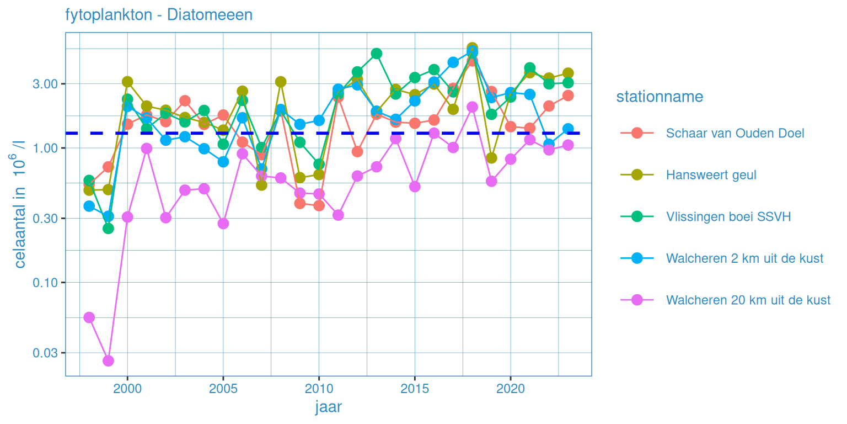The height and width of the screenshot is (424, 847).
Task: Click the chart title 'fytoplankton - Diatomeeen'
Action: (x=159, y=15)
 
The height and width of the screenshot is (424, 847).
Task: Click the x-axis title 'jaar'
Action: (x=329, y=407)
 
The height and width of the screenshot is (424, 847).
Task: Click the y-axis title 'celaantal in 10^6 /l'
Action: (x=20, y=204)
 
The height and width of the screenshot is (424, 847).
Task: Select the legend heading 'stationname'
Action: (x=660, y=97)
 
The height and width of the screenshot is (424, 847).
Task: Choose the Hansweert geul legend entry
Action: (x=711, y=175)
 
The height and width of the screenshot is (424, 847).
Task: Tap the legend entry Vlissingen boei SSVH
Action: (x=728, y=217)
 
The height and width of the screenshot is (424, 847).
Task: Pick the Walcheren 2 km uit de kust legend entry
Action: (x=744, y=258)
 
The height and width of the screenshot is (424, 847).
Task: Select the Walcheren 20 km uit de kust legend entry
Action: (x=748, y=300)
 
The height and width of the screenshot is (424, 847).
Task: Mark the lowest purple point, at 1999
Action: (x=108, y=361)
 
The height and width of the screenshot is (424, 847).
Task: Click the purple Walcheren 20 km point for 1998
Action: (x=89, y=317)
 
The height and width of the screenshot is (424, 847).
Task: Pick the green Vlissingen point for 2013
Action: (x=377, y=54)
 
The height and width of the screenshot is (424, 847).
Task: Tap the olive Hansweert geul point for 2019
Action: (x=491, y=158)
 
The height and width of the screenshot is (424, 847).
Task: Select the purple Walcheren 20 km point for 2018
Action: (x=472, y=107)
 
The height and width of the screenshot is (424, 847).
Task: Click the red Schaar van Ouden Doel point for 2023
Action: (x=568, y=96)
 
